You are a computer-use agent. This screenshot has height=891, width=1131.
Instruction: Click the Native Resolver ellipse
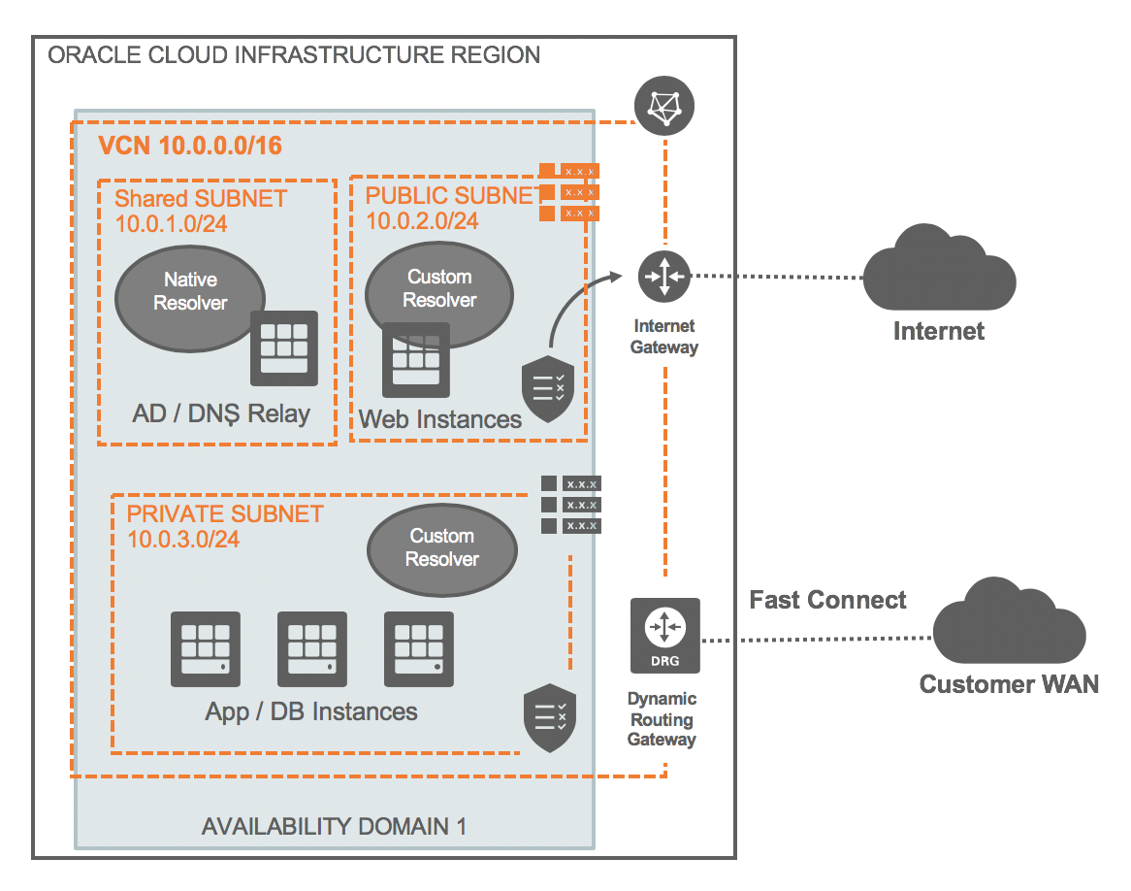(190, 291)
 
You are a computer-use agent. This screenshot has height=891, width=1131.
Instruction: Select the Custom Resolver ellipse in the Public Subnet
(439, 288)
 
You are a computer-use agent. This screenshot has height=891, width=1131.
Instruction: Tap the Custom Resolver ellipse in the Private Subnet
(441, 547)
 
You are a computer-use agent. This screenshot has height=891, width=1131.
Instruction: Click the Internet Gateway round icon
(663, 276)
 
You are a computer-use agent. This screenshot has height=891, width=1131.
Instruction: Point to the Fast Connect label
(827, 600)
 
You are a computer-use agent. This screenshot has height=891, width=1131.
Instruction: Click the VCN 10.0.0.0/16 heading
(190, 148)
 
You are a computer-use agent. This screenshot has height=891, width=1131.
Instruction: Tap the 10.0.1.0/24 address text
(172, 224)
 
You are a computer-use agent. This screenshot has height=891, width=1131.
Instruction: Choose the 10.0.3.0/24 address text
(183, 539)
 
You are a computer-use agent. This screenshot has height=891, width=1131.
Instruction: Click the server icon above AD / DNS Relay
(284, 347)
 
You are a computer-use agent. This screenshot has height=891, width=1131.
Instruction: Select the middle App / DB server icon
(312, 647)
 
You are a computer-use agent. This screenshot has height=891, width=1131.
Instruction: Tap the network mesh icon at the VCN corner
(663, 106)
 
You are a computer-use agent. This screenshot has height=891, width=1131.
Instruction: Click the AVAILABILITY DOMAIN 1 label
(334, 827)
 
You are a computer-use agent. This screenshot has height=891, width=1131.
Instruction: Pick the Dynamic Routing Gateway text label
(662, 719)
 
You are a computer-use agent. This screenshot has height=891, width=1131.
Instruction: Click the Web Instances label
(440, 419)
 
